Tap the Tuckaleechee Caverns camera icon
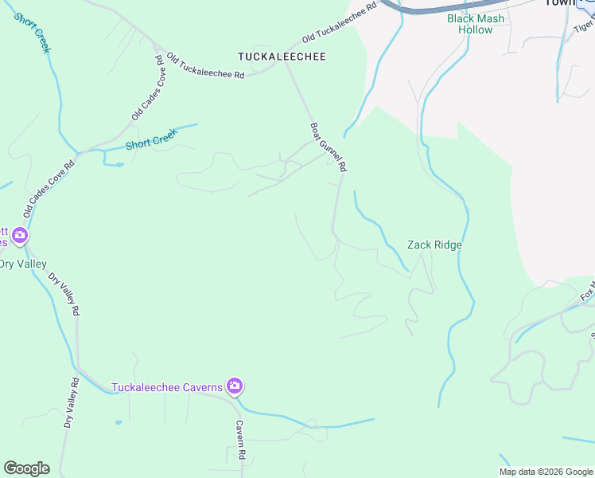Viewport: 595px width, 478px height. (x=234, y=387)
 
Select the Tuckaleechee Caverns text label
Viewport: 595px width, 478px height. (x=167, y=388)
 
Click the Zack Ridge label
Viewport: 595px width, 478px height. (x=434, y=245)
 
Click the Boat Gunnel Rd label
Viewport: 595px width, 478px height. (x=329, y=147)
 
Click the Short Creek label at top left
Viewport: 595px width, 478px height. (x=33, y=32)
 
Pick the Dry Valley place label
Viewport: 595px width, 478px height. (x=22, y=264)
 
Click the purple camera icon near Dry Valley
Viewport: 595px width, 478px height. (x=20, y=236)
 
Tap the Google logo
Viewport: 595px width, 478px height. (x=26, y=468)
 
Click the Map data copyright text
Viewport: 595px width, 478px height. (x=546, y=472)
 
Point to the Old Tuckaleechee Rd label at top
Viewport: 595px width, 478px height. (x=338, y=27)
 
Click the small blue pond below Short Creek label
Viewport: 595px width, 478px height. (x=116, y=165)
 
